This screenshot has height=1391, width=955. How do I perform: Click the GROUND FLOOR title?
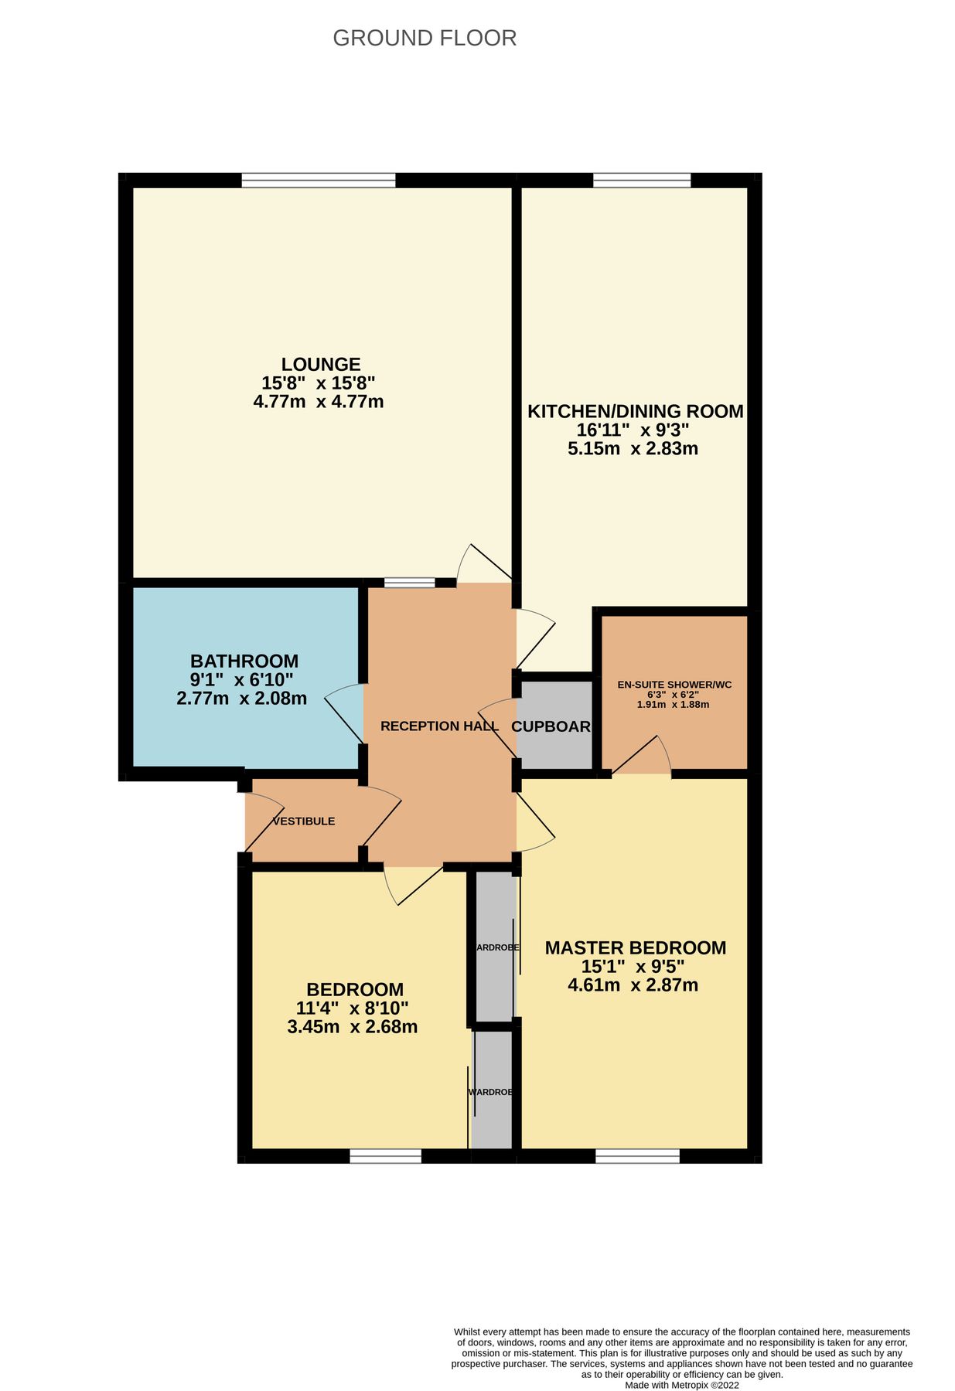[x=424, y=38]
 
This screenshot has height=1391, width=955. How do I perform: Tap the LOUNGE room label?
[x=320, y=364]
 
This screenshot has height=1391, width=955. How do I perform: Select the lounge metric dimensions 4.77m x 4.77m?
[x=318, y=402]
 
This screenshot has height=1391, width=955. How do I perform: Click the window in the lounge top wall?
[x=318, y=180]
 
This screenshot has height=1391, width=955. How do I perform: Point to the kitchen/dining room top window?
[x=641, y=180]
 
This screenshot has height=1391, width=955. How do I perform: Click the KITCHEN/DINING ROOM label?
[x=635, y=411]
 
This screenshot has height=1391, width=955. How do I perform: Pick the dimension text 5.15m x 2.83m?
[x=633, y=449]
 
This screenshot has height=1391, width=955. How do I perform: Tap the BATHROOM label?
[x=244, y=661]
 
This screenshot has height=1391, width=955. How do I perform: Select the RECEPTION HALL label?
[x=439, y=726]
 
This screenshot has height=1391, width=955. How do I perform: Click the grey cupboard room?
[x=554, y=726]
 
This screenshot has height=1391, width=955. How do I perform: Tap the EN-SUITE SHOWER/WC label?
[x=674, y=685]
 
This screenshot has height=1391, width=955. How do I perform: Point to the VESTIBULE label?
[x=304, y=821]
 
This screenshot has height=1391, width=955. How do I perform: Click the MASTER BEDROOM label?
[x=635, y=948]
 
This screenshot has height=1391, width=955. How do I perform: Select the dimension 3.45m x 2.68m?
[x=352, y=1027]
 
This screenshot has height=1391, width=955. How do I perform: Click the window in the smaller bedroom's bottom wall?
[x=385, y=1156]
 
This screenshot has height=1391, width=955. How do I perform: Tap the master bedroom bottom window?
[x=637, y=1156]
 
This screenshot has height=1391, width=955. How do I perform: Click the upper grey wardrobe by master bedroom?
[x=494, y=947]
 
